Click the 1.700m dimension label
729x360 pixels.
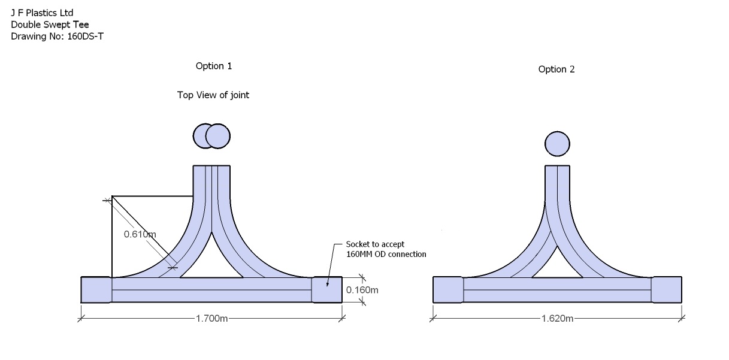[x=212, y=318]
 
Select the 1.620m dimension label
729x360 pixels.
[x=557, y=318]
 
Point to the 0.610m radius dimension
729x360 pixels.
[x=140, y=234]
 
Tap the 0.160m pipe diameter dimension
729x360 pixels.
[x=362, y=290]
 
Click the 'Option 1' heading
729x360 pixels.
[x=214, y=66]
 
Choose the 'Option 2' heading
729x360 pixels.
[x=556, y=69]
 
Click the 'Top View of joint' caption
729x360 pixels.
[x=213, y=95]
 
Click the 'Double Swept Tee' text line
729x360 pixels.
[x=50, y=25]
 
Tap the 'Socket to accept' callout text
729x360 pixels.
[x=375, y=244]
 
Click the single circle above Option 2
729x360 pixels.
[x=557, y=144]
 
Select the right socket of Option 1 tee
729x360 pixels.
[x=326, y=289]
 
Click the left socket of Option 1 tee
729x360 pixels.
[x=96, y=289]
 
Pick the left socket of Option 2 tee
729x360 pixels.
[x=447, y=289]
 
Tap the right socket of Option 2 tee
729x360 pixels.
[x=666, y=289]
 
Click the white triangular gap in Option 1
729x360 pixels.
[x=211, y=264]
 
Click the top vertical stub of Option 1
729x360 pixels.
[x=211, y=180]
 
